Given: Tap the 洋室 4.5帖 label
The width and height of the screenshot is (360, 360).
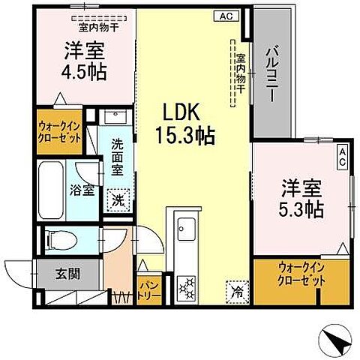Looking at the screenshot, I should pos(83,60).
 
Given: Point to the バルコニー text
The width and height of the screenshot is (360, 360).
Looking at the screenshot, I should pos(268,73).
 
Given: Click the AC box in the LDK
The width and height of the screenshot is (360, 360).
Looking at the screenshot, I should pos(226,15).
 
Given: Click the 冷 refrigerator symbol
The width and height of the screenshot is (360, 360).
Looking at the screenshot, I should pos(235,288).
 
